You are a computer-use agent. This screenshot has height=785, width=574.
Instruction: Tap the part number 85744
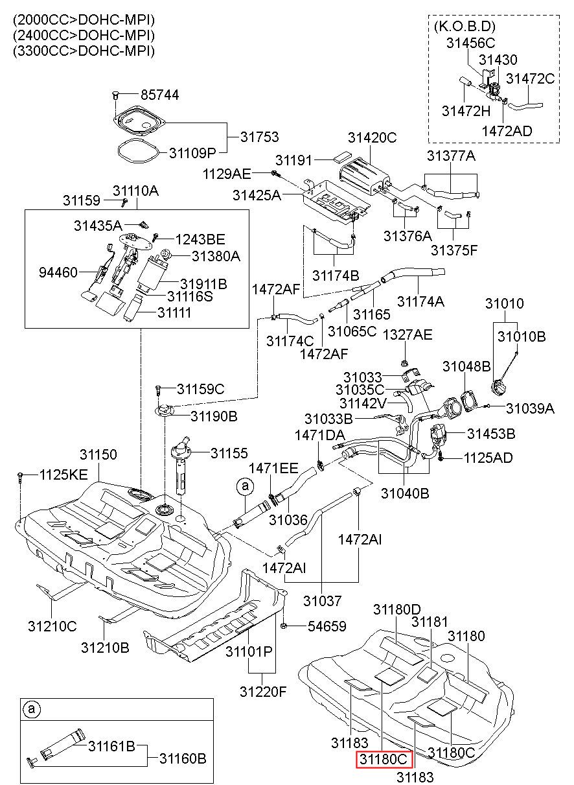pyautogui.click(x=160, y=95)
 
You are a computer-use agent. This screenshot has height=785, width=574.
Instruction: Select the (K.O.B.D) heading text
pyautogui.click(x=465, y=27)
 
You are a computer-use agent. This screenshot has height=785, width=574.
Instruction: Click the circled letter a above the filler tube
pyautogui.click(x=245, y=486)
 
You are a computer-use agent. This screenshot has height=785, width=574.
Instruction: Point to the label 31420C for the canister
pyautogui.click(x=372, y=137)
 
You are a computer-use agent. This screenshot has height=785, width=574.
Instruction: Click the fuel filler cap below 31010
pyautogui.click(x=500, y=389)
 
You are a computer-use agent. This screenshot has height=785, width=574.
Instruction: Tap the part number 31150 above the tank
pyautogui.click(x=98, y=454)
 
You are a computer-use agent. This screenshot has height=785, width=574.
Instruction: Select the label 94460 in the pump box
pyautogui.click(x=58, y=272)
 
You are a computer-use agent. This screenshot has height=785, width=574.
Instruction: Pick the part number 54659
pyautogui.click(x=327, y=626)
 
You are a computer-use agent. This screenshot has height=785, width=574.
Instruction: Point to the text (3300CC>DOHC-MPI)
pyautogui.click(x=84, y=51)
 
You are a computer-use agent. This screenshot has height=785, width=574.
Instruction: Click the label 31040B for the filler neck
pyautogui.click(x=405, y=493)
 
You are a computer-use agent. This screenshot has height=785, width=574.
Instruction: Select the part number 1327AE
pyautogui.click(x=408, y=334)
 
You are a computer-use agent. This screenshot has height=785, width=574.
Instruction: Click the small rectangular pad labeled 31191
pyautogui.click(x=342, y=156)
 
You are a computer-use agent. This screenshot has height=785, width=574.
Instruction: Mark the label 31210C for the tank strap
pyautogui.click(x=52, y=626)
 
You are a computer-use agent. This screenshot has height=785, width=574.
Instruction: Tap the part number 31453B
pyautogui.click(x=491, y=434)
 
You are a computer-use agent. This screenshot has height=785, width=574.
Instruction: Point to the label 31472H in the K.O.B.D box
pyautogui.click(x=466, y=111)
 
